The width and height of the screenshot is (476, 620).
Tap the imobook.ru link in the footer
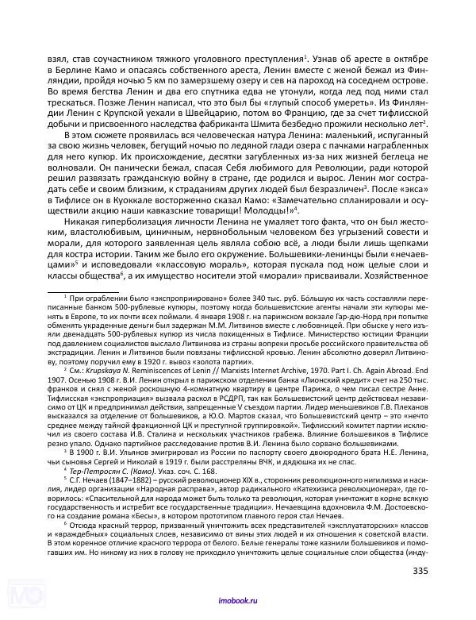238,603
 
